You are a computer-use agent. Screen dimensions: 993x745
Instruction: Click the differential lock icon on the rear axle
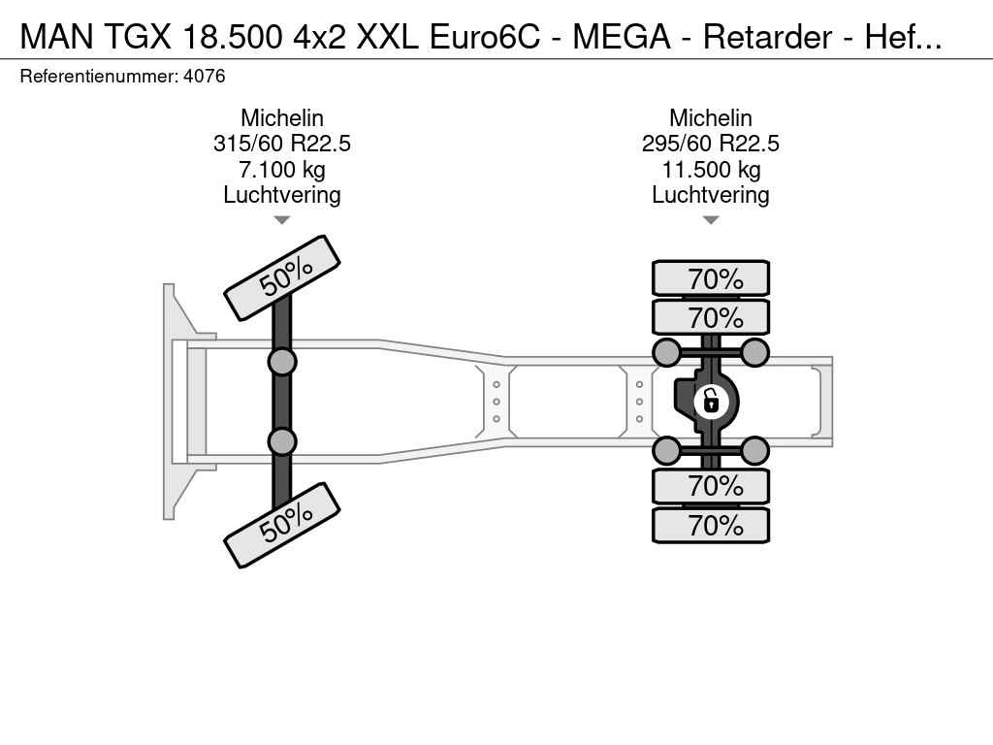(711, 402)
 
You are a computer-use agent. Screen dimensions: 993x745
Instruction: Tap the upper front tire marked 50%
(282, 277)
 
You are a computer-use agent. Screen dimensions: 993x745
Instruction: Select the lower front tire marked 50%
(282, 525)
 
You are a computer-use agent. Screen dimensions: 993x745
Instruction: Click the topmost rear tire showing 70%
(711, 278)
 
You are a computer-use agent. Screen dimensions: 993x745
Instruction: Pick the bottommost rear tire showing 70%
(711, 525)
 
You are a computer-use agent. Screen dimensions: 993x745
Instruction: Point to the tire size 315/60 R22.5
(282, 144)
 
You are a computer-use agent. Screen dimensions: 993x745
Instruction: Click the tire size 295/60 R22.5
(711, 144)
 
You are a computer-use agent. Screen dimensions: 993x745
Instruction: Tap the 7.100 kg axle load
(282, 170)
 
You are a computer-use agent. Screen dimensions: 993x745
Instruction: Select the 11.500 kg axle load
(711, 170)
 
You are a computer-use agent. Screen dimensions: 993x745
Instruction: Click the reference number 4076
(204, 77)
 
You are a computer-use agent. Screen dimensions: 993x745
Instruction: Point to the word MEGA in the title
(622, 37)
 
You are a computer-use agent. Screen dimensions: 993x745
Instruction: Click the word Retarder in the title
(768, 37)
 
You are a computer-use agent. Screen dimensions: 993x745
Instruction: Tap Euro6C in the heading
(485, 37)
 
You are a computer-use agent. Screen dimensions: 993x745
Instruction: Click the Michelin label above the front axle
(282, 117)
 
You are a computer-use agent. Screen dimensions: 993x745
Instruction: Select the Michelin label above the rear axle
(711, 117)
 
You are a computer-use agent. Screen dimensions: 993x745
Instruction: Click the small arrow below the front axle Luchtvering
(282, 220)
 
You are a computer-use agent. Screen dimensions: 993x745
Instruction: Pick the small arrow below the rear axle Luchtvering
(711, 220)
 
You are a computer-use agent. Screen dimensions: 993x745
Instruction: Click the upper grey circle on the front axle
(282, 363)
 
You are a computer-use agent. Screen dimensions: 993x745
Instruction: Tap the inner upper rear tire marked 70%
(711, 317)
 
